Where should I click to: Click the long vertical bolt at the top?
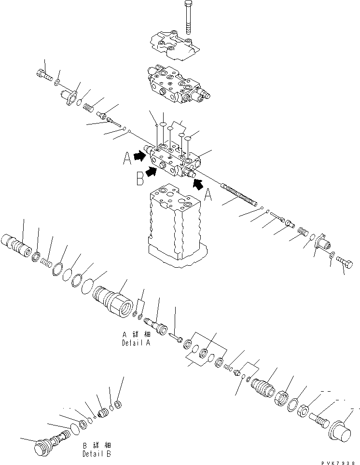187,17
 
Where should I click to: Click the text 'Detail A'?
136,344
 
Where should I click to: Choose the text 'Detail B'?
98,453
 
